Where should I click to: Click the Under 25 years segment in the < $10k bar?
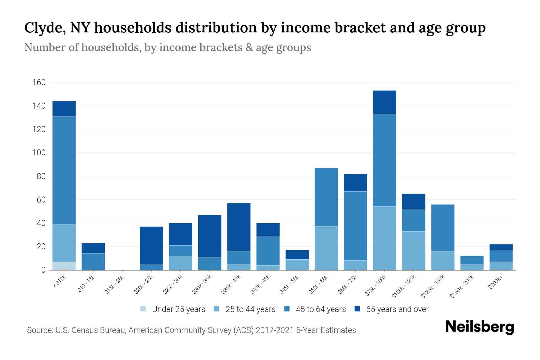pos(64,266)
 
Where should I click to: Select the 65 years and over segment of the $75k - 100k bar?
pos(384,102)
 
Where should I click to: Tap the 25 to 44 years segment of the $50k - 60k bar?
pos(326,248)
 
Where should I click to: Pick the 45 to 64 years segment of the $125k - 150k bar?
pos(442,228)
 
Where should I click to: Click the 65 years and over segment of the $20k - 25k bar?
pos(151,245)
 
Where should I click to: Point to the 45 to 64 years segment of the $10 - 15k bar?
pos(93,262)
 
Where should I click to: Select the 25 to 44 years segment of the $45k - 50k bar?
pos(297,265)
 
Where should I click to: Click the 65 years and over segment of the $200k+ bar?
pos(501,247)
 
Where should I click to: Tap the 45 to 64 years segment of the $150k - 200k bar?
pos(472,260)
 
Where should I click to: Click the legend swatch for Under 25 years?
pos(143,309)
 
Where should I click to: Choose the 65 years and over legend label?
pos(397,309)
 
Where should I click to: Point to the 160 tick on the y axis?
pos(39,82)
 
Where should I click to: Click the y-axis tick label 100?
pos(39,153)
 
